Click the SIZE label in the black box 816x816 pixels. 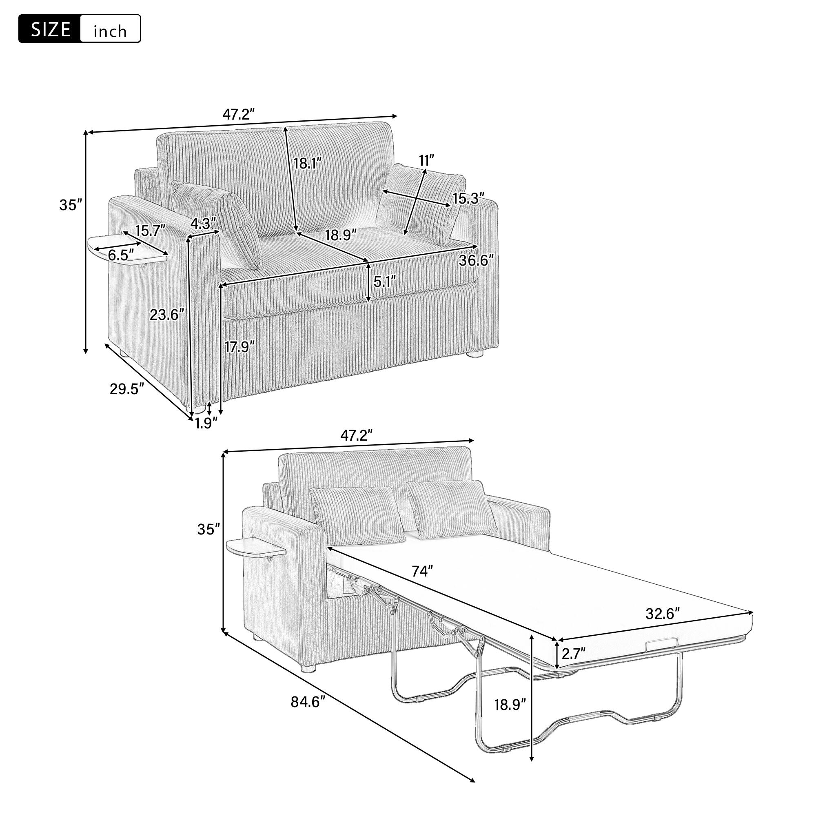(x=50, y=29)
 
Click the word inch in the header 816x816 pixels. (x=110, y=31)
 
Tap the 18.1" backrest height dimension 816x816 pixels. (x=308, y=163)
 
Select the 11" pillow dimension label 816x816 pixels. (x=427, y=160)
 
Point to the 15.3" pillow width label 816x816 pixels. (x=468, y=199)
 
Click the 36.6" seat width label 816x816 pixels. (x=477, y=261)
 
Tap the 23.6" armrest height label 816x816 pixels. (x=167, y=314)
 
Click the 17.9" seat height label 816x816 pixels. (x=239, y=347)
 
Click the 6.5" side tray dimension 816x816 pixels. (x=121, y=255)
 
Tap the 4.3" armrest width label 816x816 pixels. (x=203, y=223)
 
